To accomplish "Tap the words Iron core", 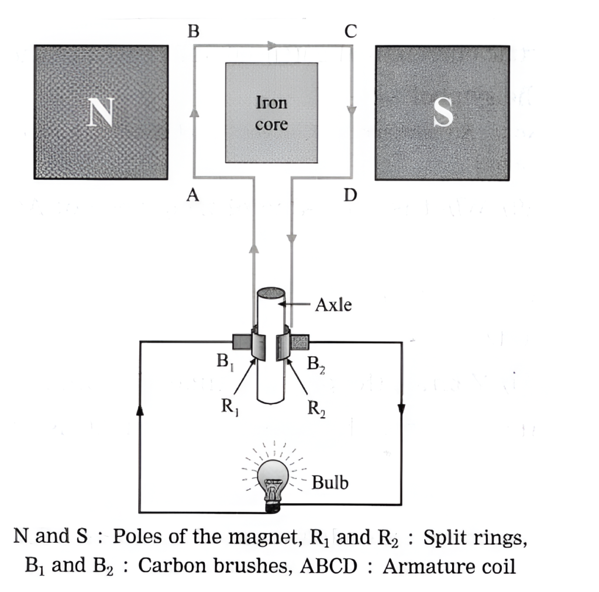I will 271,113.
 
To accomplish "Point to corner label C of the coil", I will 350,32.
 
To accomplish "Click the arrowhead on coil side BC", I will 271,45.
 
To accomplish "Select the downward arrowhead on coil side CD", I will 352,110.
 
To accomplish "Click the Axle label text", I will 333,304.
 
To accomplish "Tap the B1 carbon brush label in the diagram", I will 225,363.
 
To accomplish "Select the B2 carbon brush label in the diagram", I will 316,364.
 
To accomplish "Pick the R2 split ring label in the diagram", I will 316,408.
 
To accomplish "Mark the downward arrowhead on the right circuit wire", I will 401,407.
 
